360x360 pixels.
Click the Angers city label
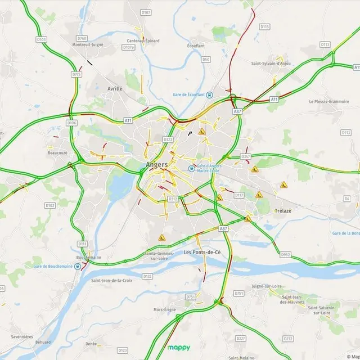156,165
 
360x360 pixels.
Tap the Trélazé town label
282,210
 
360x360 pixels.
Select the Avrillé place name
115,89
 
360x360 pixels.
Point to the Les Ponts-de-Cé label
202,253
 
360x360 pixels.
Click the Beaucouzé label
58,152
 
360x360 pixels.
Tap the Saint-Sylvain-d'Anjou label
271,63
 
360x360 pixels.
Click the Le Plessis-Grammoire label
329,101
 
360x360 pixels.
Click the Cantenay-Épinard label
143,40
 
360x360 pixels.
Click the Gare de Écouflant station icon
209,94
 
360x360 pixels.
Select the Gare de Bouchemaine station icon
77,266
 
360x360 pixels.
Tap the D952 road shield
285,255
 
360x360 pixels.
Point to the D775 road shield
76,74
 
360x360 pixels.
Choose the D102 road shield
50,205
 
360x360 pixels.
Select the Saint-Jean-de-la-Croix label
111,280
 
